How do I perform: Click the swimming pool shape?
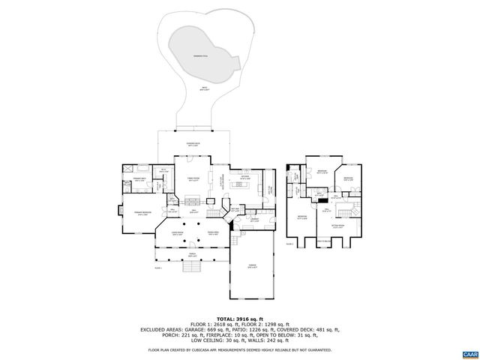pos(201,57)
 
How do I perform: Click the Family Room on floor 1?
pos(193,179)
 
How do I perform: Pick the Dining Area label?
pos(213,234)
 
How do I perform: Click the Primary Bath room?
pos(139,180)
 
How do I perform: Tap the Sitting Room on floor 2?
pos(338,225)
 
